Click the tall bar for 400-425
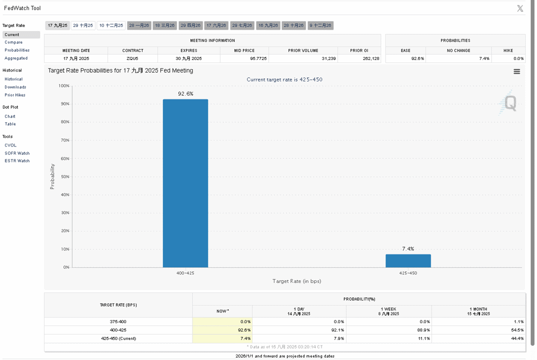(185, 183)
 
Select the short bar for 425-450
(408, 260)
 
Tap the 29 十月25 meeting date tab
(83, 25)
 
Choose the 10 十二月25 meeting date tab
(111, 25)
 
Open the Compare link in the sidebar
(13, 42)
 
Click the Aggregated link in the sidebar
(16, 58)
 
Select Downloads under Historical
(15, 87)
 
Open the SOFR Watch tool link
(17, 153)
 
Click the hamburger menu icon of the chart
(517, 71)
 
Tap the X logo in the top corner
(520, 8)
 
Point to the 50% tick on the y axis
(65, 176)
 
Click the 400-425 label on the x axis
(185, 273)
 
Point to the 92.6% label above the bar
(185, 93)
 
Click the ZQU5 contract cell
(132, 58)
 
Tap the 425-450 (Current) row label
(118, 338)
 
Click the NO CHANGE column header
(458, 50)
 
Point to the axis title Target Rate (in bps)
(297, 281)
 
